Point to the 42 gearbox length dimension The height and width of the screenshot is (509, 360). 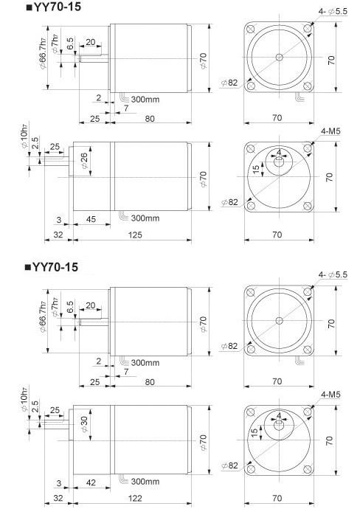click(x=90, y=482)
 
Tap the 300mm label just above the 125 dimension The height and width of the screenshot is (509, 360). click(x=145, y=218)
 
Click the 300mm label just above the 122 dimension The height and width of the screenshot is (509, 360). click(x=145, y=482)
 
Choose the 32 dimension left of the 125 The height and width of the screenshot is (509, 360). click(x=58, y=235)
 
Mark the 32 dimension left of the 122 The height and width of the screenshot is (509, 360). click(x=58, y=499)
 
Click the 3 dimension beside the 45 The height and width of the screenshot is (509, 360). click(x=58, y=218)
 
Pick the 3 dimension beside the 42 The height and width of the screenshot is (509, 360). click(x=58, y=482)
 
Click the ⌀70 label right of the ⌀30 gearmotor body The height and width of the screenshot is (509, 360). click(x=203, y=441)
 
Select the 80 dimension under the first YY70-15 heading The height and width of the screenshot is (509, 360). click(x=150, y=118)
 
